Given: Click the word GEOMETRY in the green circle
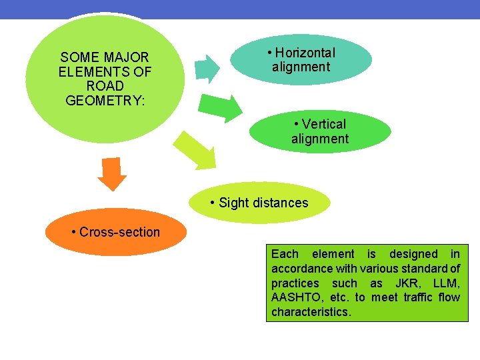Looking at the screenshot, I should click(105, 101).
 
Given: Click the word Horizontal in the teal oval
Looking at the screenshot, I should click(305, 53).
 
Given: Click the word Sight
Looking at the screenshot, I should click(233, 203).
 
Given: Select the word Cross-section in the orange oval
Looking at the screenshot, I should click(119, 232).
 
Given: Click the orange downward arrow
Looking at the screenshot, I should click(111, 175).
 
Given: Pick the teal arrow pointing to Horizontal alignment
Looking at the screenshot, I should click(208, 67).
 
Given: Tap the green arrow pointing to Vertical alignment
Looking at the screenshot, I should click(222, 107).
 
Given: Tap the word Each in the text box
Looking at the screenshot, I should click(285, 254).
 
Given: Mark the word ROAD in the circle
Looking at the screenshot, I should click(105, 86).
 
